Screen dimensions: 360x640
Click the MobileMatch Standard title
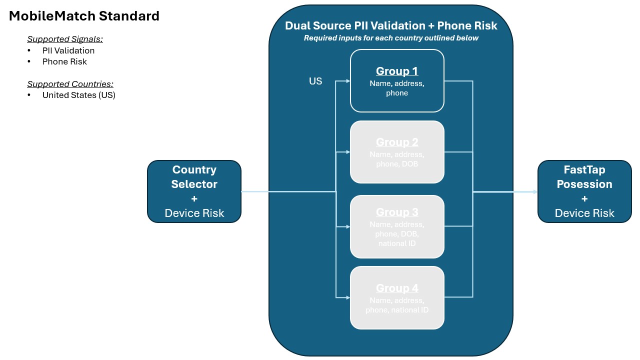pos(84,16)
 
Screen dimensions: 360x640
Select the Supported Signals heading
pos(65,39)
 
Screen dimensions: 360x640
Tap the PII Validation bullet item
pos(68,50)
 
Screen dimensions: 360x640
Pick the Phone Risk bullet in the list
pos(64,61)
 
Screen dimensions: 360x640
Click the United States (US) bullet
pos(78,95)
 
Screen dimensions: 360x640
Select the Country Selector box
pos(194,191)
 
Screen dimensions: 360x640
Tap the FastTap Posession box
pos(584,191)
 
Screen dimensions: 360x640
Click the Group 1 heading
pos(397,71)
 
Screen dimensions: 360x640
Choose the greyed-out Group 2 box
pos(397,152)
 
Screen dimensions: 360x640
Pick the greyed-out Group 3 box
pos(397,226)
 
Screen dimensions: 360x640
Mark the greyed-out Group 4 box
pos(397,297)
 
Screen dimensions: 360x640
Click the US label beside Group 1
pos(315,81)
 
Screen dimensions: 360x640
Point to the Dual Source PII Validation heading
pos(391,25)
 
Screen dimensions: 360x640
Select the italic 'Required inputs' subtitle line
pos(391,38)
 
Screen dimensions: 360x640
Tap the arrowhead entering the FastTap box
pos(535,192)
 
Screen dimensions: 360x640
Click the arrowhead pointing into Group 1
pos(348,80)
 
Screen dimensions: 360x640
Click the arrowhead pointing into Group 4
pos(348,297)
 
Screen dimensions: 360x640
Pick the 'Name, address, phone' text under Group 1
pos(397,88)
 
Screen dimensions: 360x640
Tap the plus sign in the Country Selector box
pos(194,198)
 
